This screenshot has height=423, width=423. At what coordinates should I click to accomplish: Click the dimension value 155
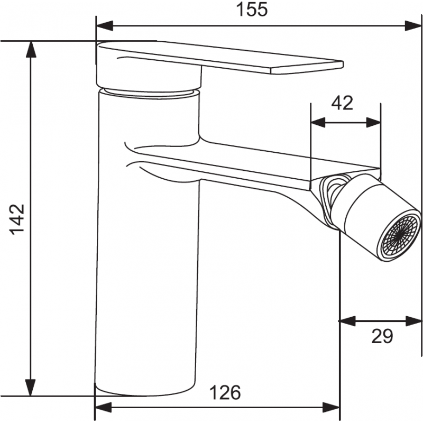(253, 10)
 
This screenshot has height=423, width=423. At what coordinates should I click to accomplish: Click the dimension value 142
(17, 218)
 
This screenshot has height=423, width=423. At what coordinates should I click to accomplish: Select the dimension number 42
(342, 103)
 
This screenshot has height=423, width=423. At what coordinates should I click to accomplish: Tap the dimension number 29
(382, 336)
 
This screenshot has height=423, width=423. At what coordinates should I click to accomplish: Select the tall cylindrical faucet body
(148, 264)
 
